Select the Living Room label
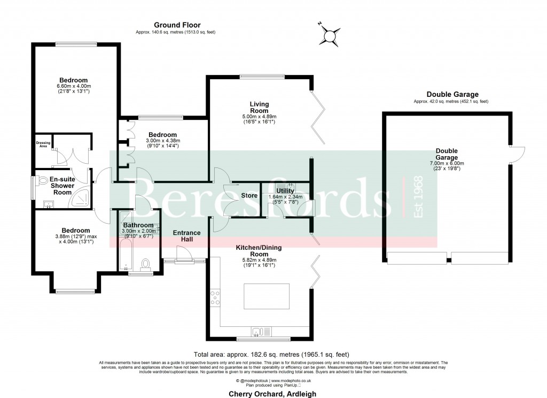tap(259, 108)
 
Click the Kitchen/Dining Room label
tap(259, 251)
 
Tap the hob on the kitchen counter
tap(215, 298)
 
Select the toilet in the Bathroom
tap(145, 264)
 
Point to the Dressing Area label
tap(43, 144)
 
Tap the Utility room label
tap(285, 190)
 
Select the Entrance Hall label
tap(186, 236)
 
